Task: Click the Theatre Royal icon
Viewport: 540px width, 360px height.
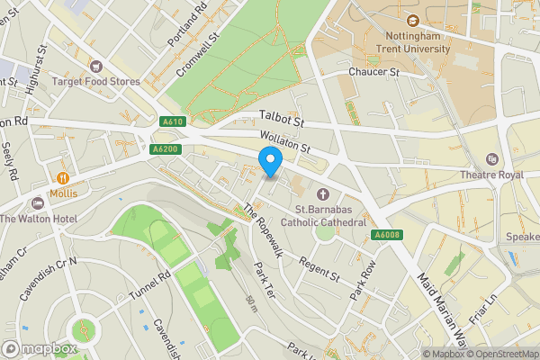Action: pyautogui.click(x=491, y=158)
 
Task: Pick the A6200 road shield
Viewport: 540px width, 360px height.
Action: pyautogui.click(x=165, y=149)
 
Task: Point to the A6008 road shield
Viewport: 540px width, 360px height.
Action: pyautogui.click(x=386, y=236)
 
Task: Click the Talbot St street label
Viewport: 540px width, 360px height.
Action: pyautogui.click(x=282, y=116)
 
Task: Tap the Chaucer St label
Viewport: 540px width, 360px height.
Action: pyautogui.click(x=373, y=71)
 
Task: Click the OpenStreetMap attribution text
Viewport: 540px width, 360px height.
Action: pyautogui.click(x=502, y=354)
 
